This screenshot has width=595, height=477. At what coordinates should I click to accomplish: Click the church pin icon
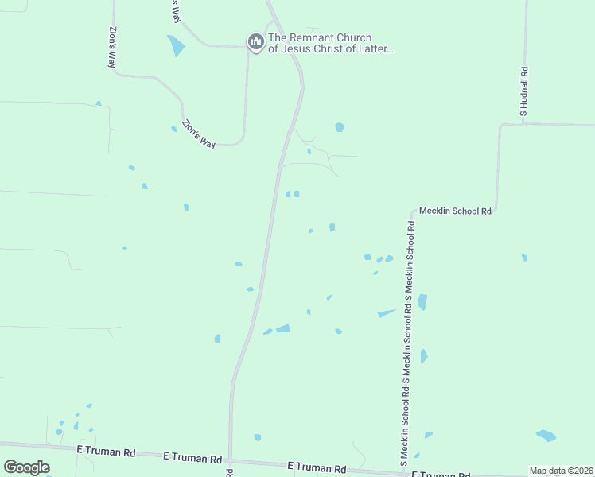[255, 41]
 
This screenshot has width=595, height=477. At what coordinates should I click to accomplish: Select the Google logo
[26, 467]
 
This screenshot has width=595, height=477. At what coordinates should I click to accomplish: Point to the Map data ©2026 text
[560, 471]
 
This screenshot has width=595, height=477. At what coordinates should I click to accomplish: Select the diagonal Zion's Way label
[199, 134]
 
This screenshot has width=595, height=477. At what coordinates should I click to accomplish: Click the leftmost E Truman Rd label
[106, 451]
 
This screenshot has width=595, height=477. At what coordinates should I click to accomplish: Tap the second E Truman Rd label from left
[192, 458]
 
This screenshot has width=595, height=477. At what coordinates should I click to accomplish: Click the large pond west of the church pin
[176, 45]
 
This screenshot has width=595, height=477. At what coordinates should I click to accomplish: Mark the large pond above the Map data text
[546, 436]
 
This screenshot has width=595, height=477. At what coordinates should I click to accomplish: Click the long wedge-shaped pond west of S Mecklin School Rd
[387, 312]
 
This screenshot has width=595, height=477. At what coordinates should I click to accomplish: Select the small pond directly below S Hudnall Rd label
[524, 258]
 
